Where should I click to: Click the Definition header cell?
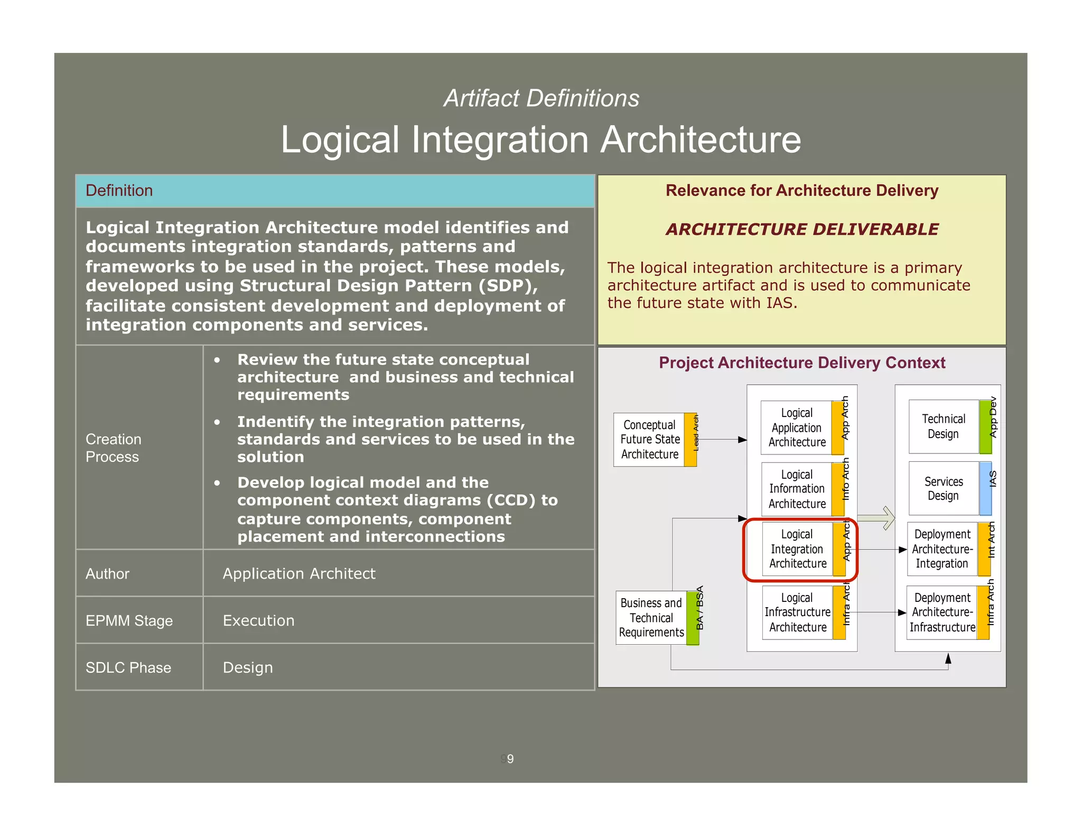click(x=334, y=191)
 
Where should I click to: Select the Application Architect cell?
click(x=299, y=573)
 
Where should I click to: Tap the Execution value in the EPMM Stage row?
click(x=258, y=620)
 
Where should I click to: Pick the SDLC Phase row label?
click(x=128, y=667)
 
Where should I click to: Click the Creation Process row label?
click(x=114, y=448)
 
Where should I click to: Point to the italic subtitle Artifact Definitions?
click(x=541, y=98)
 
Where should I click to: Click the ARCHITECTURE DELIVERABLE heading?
click(x=801, y=229)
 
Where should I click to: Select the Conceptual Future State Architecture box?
click(x=650, y=440)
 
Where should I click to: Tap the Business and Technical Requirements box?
click(x=651, y=618)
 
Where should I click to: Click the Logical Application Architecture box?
click(x=797, y=428)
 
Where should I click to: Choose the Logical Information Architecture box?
click(x=797, y=489)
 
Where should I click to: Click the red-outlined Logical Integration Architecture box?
click(x=798, y=550)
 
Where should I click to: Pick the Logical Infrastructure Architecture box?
click(x=798, y=612)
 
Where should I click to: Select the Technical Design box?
click(x=944, y=426)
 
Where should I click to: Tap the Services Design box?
click(x=944, y=488)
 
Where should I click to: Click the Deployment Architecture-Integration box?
click(x=942, y=549)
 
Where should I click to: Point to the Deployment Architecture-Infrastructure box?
click(x=942, y=612)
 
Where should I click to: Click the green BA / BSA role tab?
click(x=693, y=618)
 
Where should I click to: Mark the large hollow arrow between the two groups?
click(x=878, y=518)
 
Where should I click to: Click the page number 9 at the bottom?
click(x=510, y=759)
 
